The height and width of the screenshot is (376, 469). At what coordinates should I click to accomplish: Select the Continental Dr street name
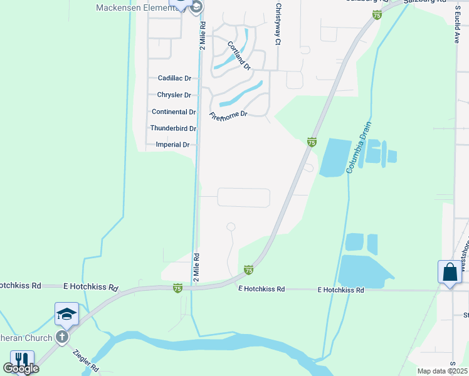(174, 112)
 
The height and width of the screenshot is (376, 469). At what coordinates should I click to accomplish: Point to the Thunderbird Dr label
(173, 128)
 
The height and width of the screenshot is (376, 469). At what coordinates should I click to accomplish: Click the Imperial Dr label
(172, 145)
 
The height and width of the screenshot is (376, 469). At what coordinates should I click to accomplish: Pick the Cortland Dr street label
(239, 55)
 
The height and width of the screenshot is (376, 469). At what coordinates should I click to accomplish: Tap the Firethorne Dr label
(229, 115)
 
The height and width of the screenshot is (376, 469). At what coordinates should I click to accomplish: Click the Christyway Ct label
(277, 24)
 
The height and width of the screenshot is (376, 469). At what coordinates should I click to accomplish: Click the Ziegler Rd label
(86, 360)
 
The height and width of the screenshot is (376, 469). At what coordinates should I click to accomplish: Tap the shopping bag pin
(449, 272)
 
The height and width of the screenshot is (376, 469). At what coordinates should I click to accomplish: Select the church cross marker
(61, 337)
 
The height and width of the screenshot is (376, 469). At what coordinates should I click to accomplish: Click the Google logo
(21, 368)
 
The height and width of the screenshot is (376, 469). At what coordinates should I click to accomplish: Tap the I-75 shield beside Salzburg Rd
(377, 14)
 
